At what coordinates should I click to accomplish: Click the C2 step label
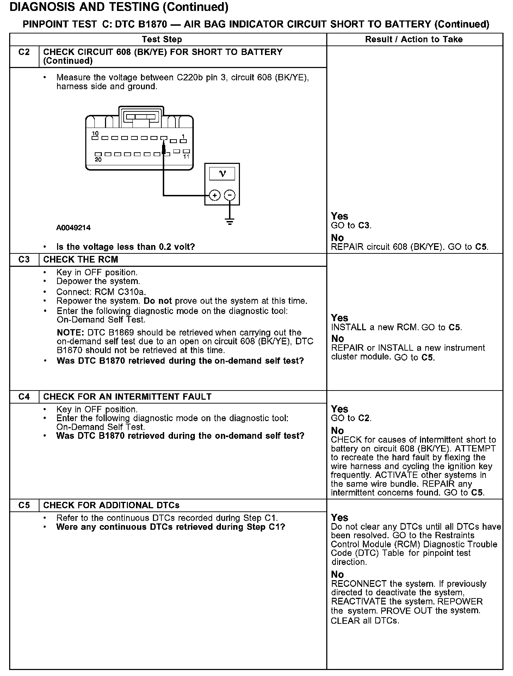click(24, 52)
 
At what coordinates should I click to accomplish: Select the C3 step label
click(24, 260)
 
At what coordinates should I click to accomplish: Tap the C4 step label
click(24, 397)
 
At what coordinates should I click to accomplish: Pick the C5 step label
click(24, 505)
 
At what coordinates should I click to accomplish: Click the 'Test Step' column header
click(162, 39)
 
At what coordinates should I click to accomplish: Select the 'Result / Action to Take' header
click(414, 39)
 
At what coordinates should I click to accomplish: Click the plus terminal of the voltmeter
click(215, 195)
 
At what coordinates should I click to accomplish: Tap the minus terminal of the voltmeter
click(230, 195)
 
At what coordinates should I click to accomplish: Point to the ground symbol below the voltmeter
click(230, 222)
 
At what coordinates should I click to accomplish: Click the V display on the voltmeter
click(222, 173)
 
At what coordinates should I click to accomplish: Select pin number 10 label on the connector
click(95, 134)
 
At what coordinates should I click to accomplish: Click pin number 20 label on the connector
click(98, 160)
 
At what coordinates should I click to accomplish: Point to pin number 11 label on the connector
click(186, 156)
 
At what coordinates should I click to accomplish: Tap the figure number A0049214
click(73, 228)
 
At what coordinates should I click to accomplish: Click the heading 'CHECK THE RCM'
click(81, 260)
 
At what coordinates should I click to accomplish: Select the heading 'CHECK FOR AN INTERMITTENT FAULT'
click(127, 397)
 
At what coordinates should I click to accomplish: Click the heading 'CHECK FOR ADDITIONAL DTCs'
click(111, 505)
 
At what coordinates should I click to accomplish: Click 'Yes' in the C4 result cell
click(339, 409)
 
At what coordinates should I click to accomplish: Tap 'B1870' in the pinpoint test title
click(152, 24)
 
